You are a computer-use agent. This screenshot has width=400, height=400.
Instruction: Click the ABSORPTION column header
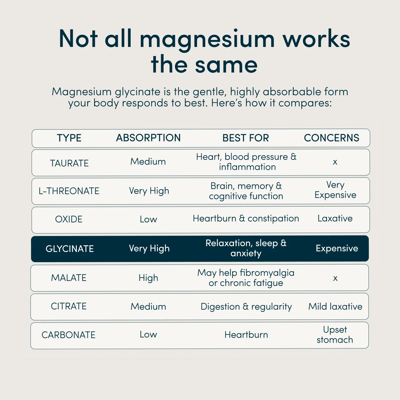coord(148,138)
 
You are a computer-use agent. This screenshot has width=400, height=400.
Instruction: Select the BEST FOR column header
coord(246,138)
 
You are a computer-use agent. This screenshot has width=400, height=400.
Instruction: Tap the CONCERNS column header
coord(331,138)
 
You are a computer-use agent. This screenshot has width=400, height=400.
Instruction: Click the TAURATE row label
coord(69,163)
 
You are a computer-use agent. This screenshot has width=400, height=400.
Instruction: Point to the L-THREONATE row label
coord(69,191)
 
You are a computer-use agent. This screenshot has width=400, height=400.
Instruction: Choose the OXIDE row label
coord(69,219)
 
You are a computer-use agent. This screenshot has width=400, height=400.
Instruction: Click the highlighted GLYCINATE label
coord(70,249)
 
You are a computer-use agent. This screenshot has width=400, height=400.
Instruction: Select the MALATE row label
coord(69,278)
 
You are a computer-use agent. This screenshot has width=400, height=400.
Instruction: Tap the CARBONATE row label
coord(69,335)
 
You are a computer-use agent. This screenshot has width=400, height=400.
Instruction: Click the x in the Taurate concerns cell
coord(335,162)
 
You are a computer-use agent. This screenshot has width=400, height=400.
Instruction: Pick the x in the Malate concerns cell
coord(335,278)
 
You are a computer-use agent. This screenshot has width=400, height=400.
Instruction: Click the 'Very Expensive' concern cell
coord(335,190)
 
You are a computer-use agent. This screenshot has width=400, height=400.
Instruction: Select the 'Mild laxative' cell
coord(335,306)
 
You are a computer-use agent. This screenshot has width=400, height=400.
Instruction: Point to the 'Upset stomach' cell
coord(335,335)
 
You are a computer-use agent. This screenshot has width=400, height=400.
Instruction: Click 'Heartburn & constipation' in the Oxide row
coord(246,218)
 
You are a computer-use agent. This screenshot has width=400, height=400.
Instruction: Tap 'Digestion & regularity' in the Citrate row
coord(246,307)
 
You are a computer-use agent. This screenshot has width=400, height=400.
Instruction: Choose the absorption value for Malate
coord(148,278)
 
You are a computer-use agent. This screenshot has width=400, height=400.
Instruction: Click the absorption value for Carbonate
coord(148,334)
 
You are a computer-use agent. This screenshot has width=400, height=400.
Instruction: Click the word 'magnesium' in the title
coord(207,39)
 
